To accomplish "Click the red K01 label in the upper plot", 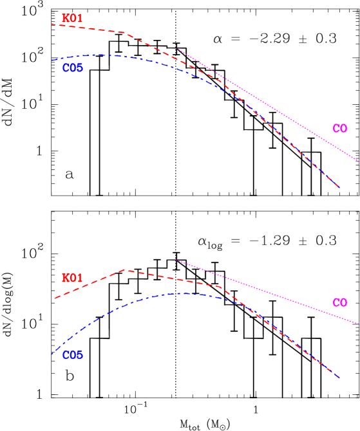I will [72, 19].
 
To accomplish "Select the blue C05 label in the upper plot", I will [73, 68].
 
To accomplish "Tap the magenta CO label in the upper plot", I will [339, 129].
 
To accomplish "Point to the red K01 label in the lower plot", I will [72, 278].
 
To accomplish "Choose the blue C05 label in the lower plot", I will [73, 354].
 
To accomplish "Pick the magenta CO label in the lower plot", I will [339, 303].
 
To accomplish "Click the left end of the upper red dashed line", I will [52, 24].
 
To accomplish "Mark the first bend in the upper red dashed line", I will [126, 33].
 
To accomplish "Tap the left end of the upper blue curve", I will [52, 60].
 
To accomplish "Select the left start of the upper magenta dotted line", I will [177, 49].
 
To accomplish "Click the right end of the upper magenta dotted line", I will [359, 161].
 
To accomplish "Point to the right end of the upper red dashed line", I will [339, 187].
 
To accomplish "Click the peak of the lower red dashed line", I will [125, 270].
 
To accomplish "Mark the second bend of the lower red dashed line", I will [221, 287].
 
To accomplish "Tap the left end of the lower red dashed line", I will [54, 298].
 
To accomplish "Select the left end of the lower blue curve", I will [52, 354].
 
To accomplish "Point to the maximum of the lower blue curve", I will [185, 293].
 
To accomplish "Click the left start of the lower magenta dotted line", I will [176, 261].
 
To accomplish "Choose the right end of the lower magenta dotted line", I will [359, 324].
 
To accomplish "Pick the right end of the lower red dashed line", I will [339, 378].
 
